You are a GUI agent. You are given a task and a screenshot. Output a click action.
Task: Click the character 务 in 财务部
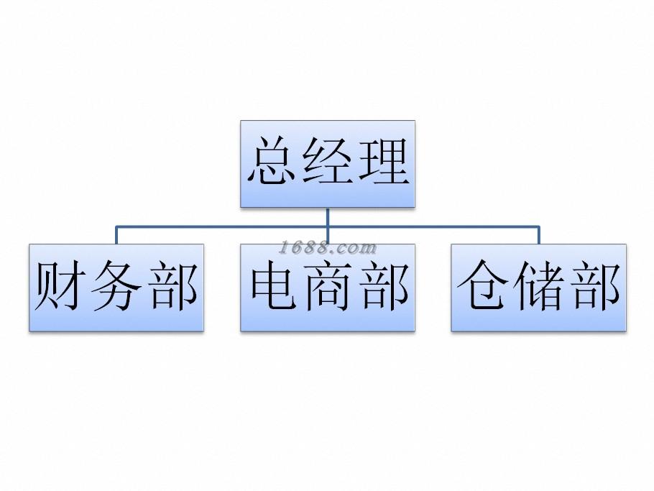[x=116, y=288]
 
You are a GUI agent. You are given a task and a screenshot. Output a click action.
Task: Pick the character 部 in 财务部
[x=170, y=288]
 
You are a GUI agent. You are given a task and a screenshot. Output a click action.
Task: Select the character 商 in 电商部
[x=328, y=288]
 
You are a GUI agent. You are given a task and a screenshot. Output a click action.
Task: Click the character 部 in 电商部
[x=382, y=288]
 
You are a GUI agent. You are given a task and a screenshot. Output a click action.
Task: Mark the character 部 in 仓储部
[x=593, y=288]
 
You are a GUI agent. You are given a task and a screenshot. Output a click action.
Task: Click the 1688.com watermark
[x=328, y=249]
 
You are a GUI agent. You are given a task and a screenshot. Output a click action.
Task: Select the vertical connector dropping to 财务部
[x=116, y=235]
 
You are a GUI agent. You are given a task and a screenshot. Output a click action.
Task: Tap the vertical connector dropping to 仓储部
[x=539, y=235]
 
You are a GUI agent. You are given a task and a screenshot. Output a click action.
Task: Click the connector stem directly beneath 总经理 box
[x=328, y=217]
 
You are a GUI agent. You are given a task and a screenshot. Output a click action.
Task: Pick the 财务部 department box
[x=116, y=321]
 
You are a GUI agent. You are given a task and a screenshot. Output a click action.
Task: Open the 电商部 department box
[x=328, y=321]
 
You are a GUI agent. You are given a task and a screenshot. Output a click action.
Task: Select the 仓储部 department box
[x=539, y=321]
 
